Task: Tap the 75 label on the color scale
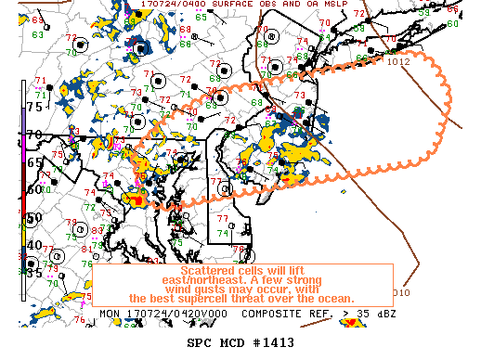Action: tap(34, 107)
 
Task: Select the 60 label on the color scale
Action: tap(34, 190)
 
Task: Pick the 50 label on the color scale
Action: tap(34, 218)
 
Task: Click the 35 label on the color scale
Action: tap(34, 273)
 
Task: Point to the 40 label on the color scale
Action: tap(34, 245)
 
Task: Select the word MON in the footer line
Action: tap(109, 315)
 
